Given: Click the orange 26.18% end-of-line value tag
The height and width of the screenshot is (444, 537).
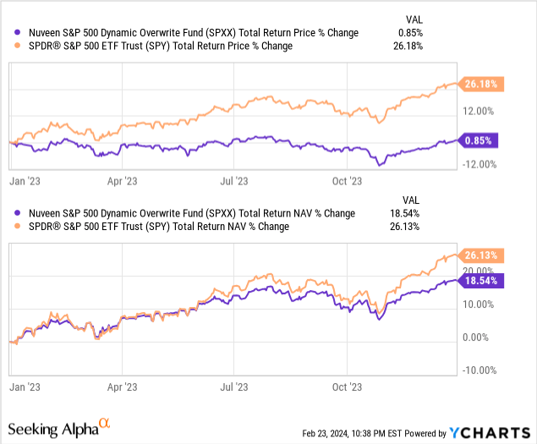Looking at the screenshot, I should [x=479, y=84].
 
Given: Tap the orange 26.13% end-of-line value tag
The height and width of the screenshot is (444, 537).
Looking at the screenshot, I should [x=479, y=255].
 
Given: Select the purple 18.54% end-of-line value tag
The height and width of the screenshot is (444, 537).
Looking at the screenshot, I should [x=479, y=279].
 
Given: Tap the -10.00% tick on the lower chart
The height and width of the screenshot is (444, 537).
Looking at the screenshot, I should [x=478, y=370].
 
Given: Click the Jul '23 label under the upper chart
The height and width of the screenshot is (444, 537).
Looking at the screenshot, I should [x=234, y=180].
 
